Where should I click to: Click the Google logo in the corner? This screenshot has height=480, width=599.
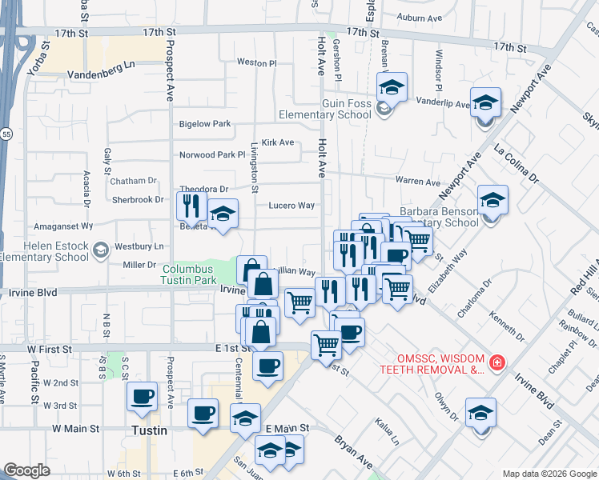(x=26, y=470)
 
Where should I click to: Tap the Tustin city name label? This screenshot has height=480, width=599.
(x=150, y=430)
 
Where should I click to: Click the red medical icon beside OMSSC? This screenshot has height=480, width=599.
(x=497, y=362)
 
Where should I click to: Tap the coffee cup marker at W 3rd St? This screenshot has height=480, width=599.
(x=143, y=396)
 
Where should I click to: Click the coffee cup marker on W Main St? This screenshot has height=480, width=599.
(x=203, y=414)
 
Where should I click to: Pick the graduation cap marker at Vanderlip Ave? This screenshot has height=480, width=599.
(x=485, y=102)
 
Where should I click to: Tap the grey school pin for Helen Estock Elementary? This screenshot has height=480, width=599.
(x=100, y=251)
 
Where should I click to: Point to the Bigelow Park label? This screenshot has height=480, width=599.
(x=205, y=124)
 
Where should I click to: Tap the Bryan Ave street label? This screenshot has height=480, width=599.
(x=354, y=452)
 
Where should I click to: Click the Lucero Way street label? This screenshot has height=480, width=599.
(x=291, y=206)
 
